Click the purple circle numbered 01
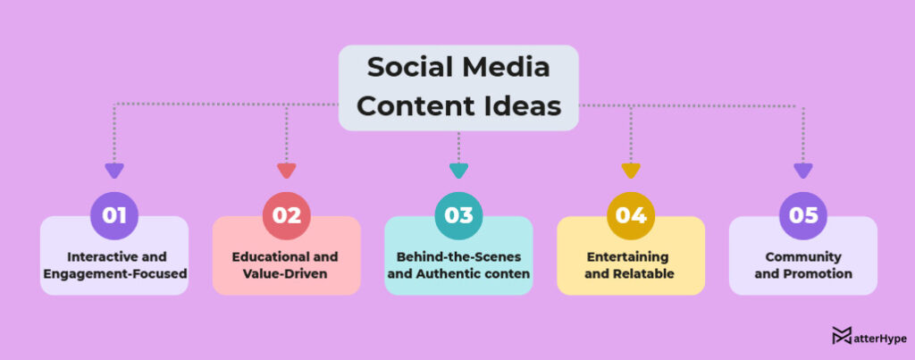pos(113,215)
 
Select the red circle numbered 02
pos(286,215)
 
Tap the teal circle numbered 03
pos(458,215)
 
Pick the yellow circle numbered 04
pos(631,215)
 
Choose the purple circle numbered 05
pos(803,215)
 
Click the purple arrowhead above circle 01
pos(113,170)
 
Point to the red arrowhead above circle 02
pos(286,170)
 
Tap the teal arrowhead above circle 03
pos(458,170)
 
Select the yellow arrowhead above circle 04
pos(631,170)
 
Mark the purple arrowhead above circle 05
pos(803,170)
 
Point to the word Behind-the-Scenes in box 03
pos(458,257)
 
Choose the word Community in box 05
pos(803,257)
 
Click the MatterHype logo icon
pos(841,336)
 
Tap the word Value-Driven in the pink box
pos(286,273)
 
